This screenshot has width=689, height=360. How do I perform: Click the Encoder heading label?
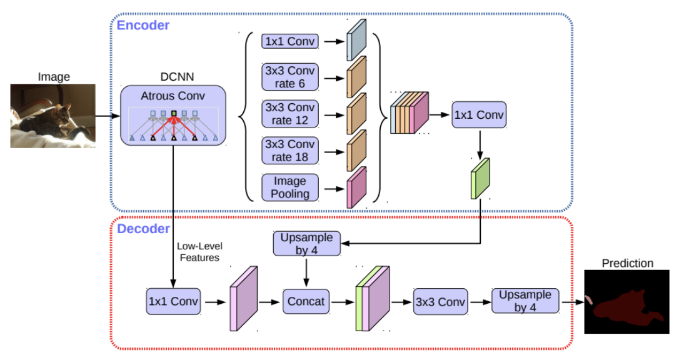(143, 25)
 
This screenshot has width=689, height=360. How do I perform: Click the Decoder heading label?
(143, 229)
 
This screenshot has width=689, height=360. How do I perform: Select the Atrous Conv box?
(173, 116)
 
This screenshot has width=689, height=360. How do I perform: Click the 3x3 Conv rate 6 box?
(290, 77)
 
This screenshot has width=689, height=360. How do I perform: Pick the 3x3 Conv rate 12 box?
(290, 114)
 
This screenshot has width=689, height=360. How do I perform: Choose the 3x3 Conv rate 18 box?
(290, 151)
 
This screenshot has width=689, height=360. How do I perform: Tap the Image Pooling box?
(290, 187)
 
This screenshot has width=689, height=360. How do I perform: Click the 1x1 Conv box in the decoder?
(173, 301)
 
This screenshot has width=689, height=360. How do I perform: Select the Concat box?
(306, 301)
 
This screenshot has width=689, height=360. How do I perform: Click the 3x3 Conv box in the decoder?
(440, 302)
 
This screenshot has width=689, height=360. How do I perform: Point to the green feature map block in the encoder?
(480, 179)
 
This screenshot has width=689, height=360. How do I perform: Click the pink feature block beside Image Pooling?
(356, 187)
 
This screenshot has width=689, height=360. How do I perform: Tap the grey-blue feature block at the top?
(356, 40)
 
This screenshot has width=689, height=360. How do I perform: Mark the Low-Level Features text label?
(199, 252)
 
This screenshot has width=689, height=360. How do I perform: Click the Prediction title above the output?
(628, 263)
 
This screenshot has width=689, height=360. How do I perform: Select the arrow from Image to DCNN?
(108, 116)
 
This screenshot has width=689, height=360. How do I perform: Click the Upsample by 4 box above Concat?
(307, 244)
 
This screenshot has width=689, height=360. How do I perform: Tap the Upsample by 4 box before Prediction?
(525, 301)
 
